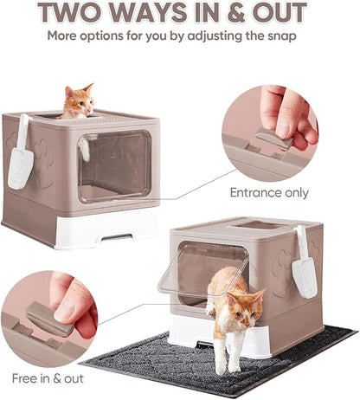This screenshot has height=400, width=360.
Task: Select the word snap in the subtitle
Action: tap(277, 37)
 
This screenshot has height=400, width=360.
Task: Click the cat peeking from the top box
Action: tap(77, 102)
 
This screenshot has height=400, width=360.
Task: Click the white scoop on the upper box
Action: tap(20, 156)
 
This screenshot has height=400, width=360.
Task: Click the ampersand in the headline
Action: tap(226, 14)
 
